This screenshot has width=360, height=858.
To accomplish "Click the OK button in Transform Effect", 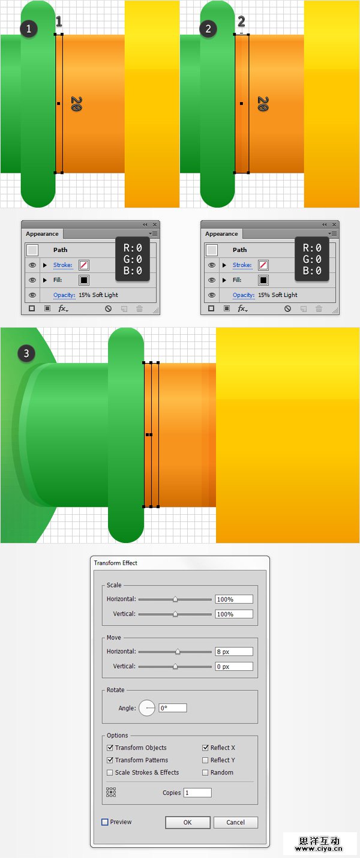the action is [188, 822].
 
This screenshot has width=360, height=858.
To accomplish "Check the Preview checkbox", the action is [104, 822].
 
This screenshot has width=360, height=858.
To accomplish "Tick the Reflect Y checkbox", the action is [205, 760].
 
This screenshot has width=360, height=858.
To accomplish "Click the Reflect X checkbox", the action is [205, 748].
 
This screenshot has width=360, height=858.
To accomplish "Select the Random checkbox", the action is [205, 772].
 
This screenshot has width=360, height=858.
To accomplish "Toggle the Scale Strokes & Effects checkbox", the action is [110, 772].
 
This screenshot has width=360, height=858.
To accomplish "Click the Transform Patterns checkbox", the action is [110, 760].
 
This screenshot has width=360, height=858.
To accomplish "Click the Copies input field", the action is [197, 793].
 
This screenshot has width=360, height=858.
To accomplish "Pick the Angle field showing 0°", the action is [173, 708].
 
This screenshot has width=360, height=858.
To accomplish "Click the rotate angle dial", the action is [146, 708].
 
